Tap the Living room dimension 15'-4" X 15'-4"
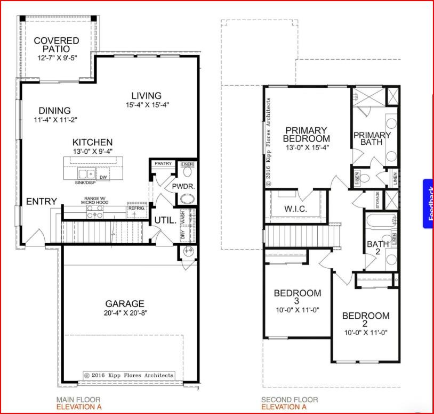[147, 105]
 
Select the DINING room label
[54, 111]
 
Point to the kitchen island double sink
[86, 174]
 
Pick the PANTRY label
[163, 164]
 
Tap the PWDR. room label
[182, 187]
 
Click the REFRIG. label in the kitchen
[136, 209]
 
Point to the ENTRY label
[42, 201]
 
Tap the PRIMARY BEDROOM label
[306, 134]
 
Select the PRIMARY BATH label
[372, 139]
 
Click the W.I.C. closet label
[296, 209]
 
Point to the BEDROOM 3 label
[297, 297]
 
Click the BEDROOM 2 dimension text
[365, 332]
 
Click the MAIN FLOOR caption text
[78, 400]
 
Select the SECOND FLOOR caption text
[289, 400]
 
